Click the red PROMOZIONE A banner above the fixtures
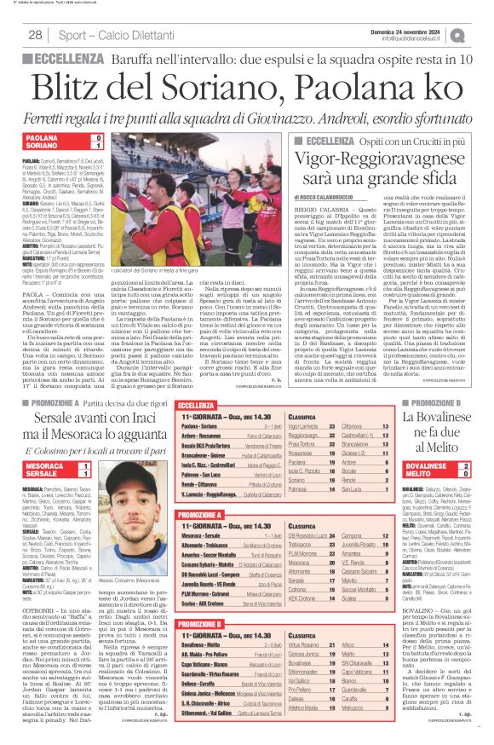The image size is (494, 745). click(x=205, y=515)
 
